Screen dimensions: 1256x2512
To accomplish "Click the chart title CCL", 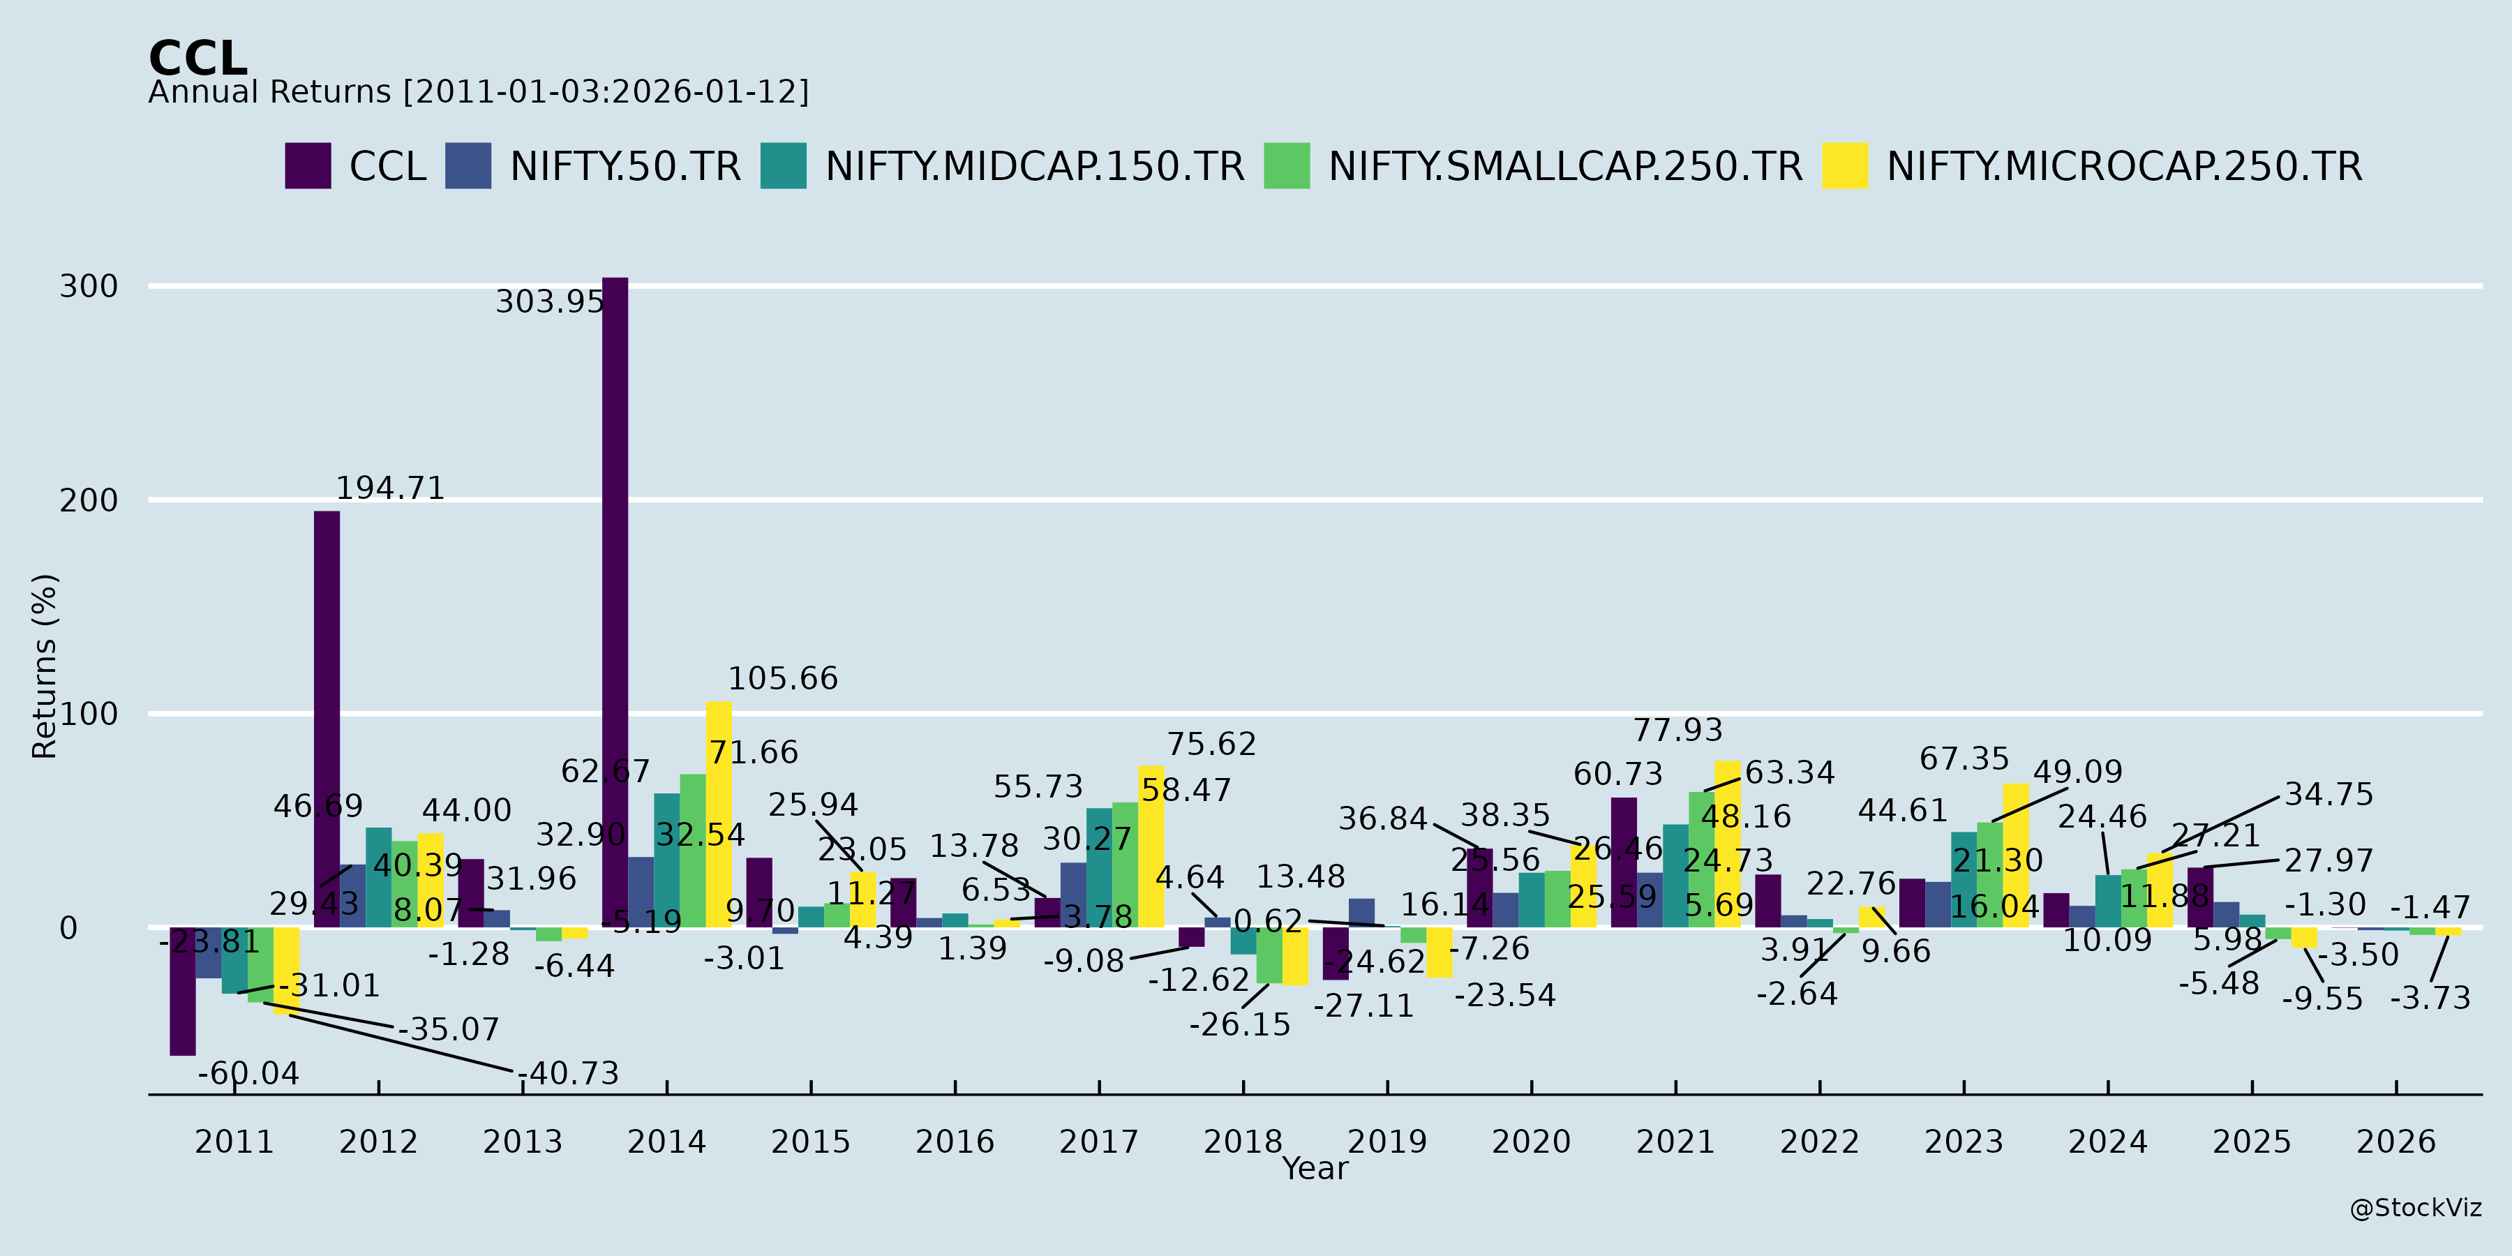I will (x=198, y=59).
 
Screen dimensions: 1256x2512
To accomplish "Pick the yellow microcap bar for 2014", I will (x=719, y=814).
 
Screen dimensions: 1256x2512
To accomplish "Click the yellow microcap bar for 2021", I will (x=1727, y=844).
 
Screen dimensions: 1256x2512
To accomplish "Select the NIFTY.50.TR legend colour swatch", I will (x=468, y=166).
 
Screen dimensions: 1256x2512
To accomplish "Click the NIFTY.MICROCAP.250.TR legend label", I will (x=2124, y=167).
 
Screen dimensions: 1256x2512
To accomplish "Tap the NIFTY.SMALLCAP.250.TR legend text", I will (x=1565, y=167).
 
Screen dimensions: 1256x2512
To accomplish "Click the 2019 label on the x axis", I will (x=1386, y=1141).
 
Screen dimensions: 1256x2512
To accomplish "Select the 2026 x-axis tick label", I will (x=2396, y=1141).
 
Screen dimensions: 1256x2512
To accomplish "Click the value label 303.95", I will (x=550, y=301).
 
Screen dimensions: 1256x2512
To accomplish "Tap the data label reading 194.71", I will (x=390, y=488).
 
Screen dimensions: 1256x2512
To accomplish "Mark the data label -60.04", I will (x=248, y=1074).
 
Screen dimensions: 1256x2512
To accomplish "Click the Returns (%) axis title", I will (x=45, y=666).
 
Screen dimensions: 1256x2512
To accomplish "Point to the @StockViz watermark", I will (x=2416, y=1209).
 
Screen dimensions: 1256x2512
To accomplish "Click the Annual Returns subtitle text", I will (x=478, y=91).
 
